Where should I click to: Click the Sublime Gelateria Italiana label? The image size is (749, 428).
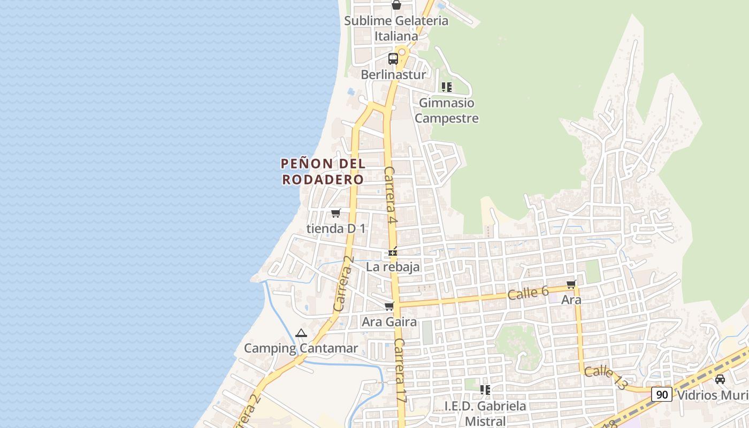pyautogui.click(x=396, y=28)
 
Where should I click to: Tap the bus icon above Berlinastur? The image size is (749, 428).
pyautogui.click(x=393, y=58)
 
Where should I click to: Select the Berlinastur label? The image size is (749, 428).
pyautogui.click(x=393, y=74)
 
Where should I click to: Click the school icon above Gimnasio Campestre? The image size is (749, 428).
pyautogui.click(x=447, y=87)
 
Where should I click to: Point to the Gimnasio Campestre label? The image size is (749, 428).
pyautogui.click(x=447, y=110)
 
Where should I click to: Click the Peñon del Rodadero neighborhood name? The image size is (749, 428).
pyautogui.click(x=323, y=171)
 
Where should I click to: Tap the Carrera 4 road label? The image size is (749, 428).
pyautogui.click(x=391, y=195)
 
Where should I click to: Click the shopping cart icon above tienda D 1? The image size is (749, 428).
pyautogui.click(x=335, y=213)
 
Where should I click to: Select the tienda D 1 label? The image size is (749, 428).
pyautogui.click(x=336, y=228)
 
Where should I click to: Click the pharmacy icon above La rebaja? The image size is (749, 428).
pyautogui.click(x=393, y=251)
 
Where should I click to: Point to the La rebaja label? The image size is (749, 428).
pyautogui.click(x=393, y=266)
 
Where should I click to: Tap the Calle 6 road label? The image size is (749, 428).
pyautogui.click(x=528, y=293)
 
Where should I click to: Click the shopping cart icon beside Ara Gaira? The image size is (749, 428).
pyautogui.click(x=389, y=307)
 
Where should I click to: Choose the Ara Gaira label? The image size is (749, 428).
pyautogui.click(x=389, y=322)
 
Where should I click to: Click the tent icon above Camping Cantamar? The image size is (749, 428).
pyautogui.click(x=301, y=333)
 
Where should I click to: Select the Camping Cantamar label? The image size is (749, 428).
pyautogui.click(x=301, y=348)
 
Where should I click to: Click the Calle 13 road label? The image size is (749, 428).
pyautogui.click(x=605, y=378)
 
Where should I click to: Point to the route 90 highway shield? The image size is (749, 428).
pyautogui.click(x=662, y=395)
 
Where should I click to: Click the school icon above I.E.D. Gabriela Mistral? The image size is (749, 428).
pyautogui.click(x=485, y=390)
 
